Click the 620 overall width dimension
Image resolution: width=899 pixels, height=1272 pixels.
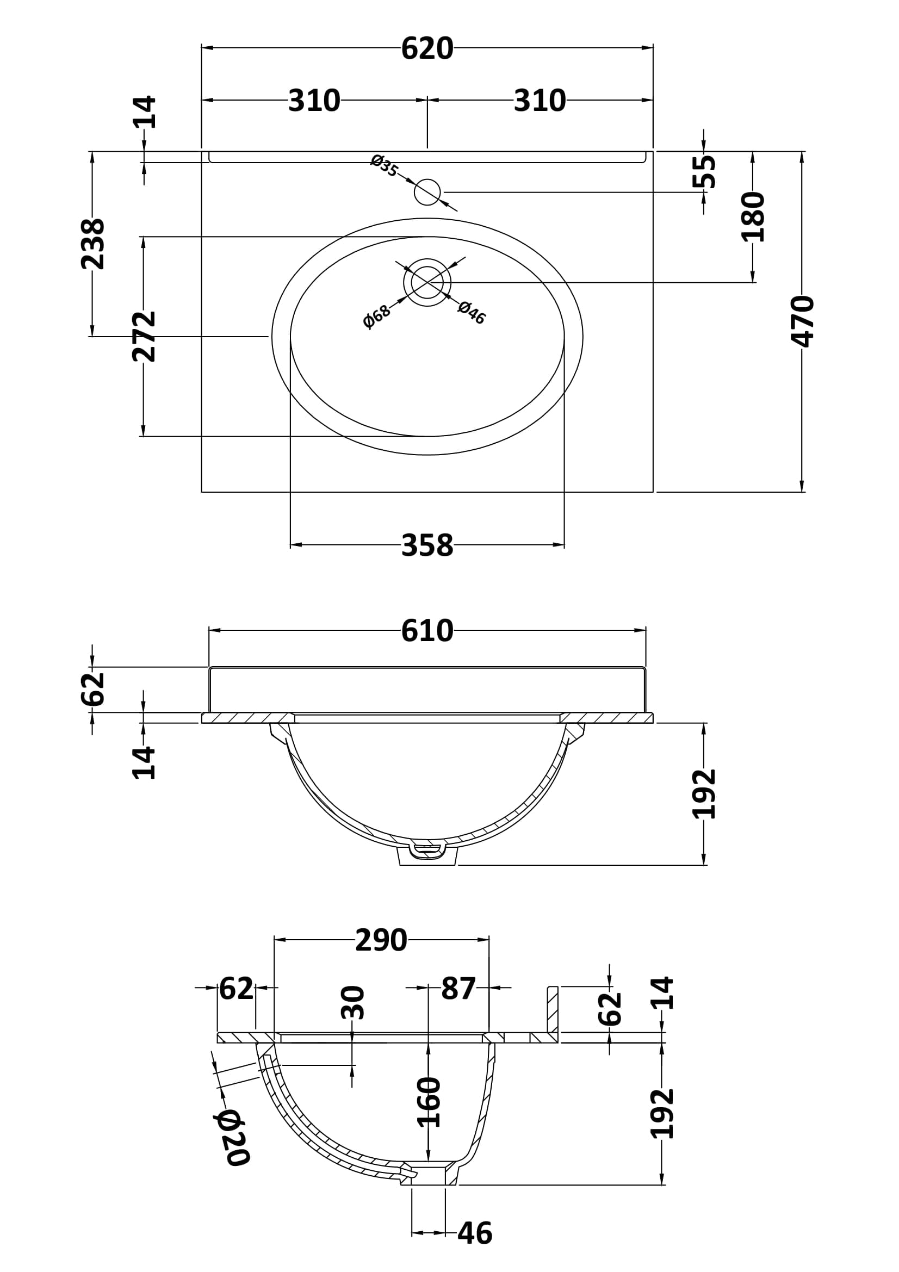[x=427, y=49]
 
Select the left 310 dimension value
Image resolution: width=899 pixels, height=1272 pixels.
[x=314, y=101]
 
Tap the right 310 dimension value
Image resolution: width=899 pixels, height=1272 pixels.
[x=540, y=101]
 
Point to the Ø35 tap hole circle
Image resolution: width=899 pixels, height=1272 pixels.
[x=427, y=192]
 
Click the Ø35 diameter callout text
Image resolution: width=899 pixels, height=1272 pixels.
[x=385, y=166]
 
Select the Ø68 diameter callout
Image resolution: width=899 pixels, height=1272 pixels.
[x=377, y=317]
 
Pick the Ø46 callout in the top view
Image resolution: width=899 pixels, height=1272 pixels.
[x=472, y=313]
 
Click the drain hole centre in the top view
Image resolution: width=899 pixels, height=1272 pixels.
[x=427, y=283]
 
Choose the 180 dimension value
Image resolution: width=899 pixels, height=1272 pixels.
[x=753, y=217]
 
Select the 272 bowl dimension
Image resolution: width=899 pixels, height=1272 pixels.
[x=144, y=336]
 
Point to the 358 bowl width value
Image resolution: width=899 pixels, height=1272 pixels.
[x=427, y=545]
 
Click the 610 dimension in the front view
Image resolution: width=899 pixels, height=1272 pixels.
[x=427, y=630]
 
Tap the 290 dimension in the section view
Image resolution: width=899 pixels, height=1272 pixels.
[x=381, y=940]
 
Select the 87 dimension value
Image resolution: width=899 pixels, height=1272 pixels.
[x=458, y=988]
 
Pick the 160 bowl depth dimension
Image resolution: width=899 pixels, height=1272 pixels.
[x=428, y=1102]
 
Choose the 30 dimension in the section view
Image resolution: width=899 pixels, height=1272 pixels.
[x=353, y=1003]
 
